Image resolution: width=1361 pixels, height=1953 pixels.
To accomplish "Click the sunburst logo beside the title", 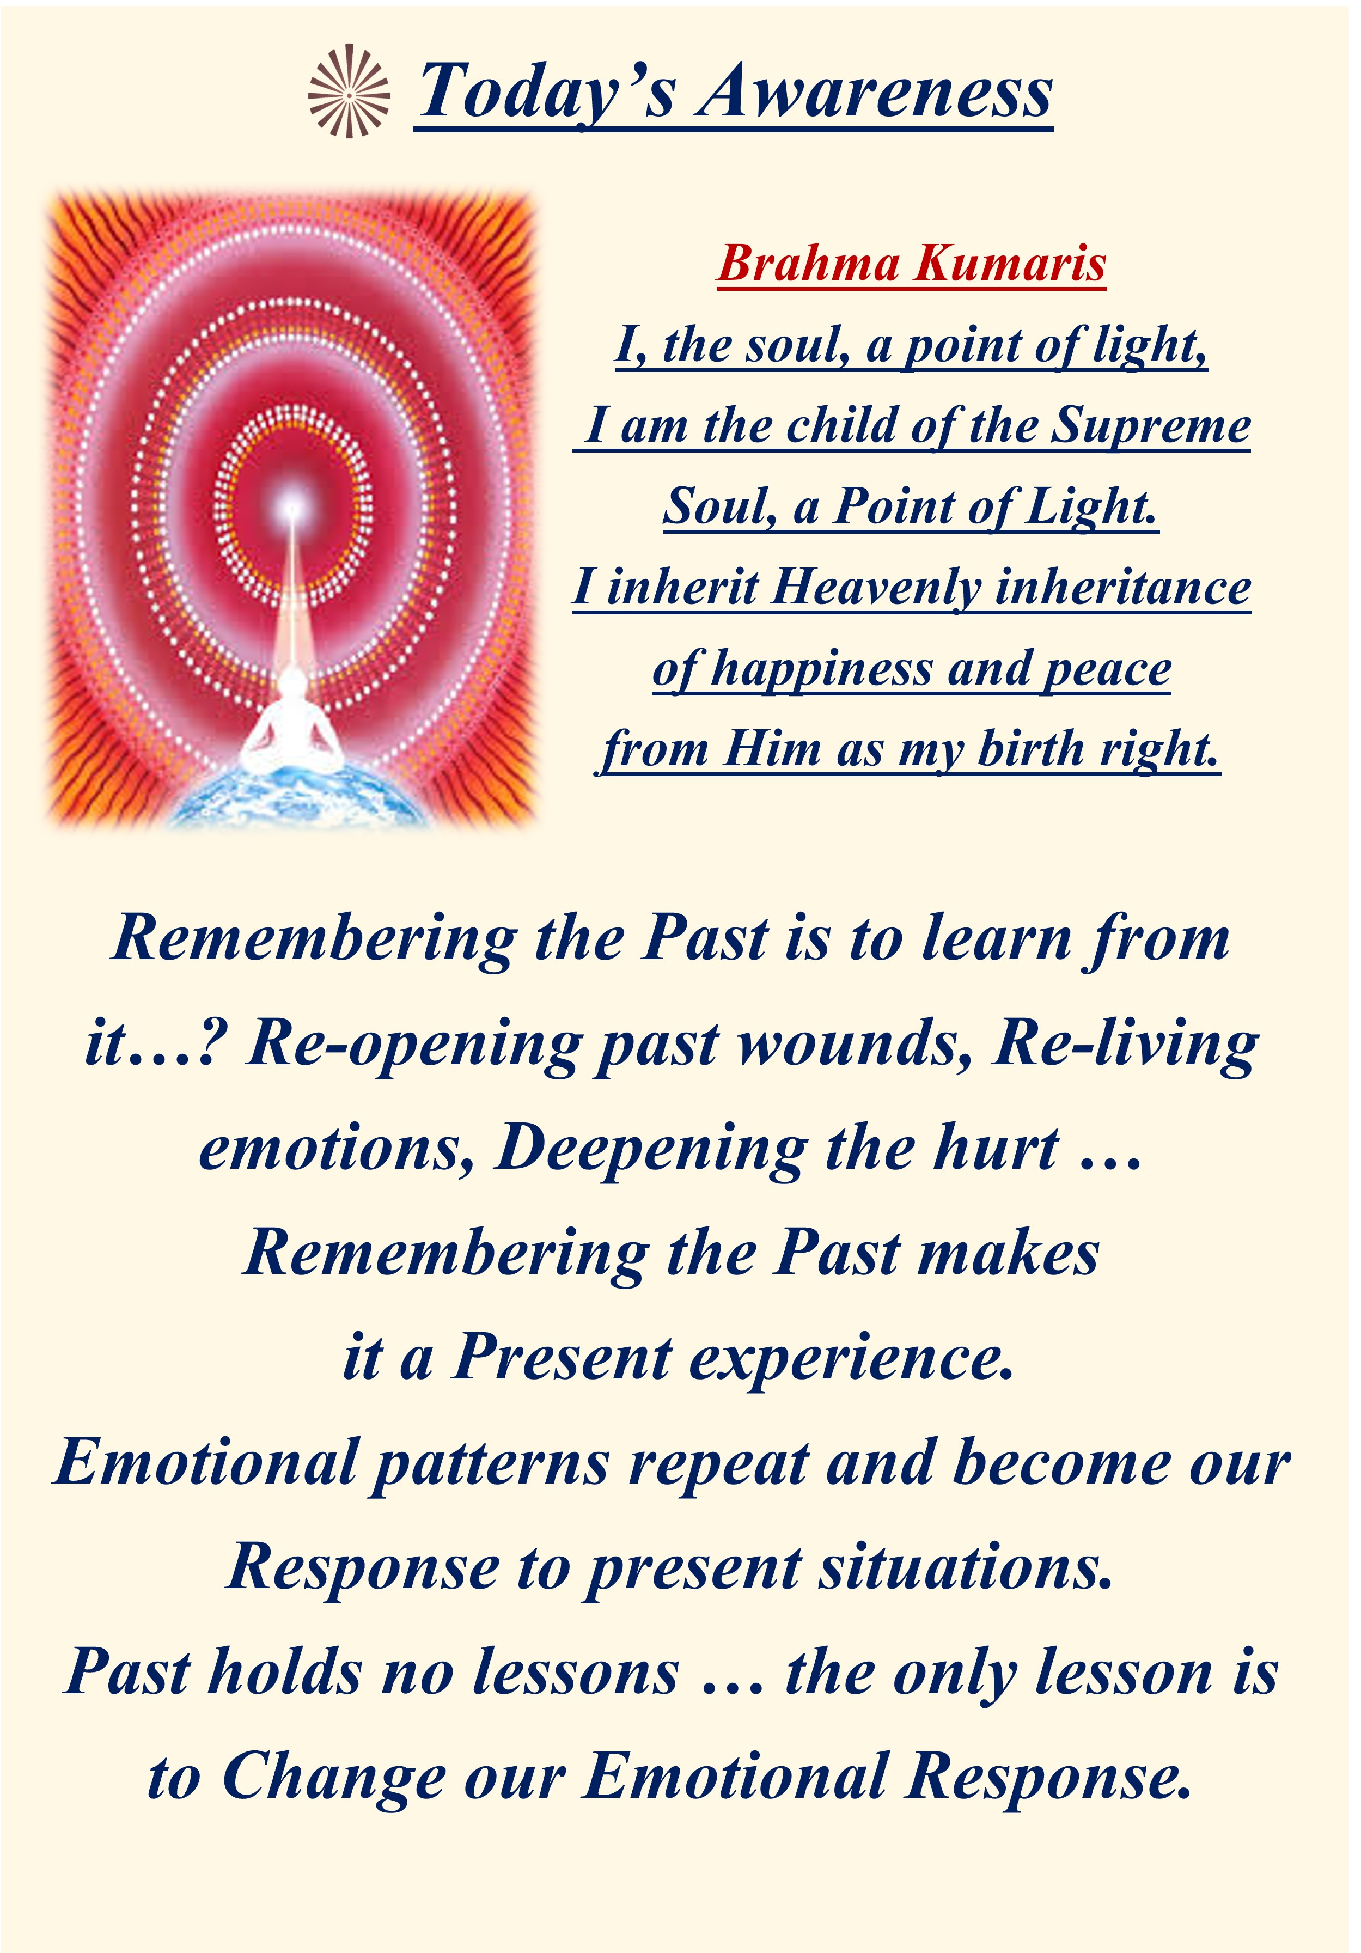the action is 349,91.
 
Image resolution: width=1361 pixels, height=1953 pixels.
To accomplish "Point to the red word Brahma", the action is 809,263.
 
